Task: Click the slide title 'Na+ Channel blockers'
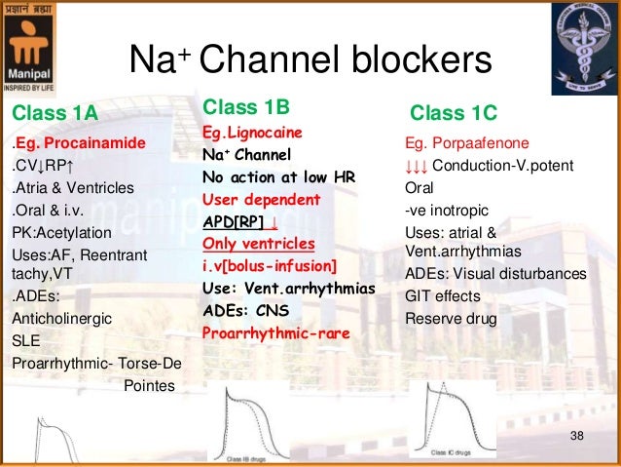pos(310,61)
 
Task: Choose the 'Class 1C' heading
pos(454,113)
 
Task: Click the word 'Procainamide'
pos(100,143)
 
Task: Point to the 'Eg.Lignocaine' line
pos(251,132)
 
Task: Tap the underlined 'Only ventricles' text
pos(258,244)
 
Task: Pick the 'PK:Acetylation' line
pos(61,233)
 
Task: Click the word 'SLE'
pos(25,341)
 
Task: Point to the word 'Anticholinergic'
pos(61,318)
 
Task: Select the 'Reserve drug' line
pos(450,319)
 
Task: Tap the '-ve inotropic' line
pos(447,210)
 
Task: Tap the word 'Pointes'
pos(151,386)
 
